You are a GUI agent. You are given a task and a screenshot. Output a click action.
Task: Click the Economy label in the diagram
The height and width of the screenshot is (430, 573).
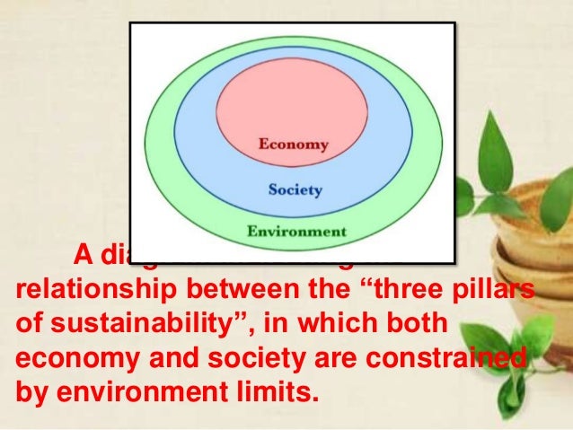(294, 144)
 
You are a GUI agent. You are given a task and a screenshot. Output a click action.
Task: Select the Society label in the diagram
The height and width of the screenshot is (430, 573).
(295, 190)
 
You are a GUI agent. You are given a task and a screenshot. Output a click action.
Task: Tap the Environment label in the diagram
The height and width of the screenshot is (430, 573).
(296, 231)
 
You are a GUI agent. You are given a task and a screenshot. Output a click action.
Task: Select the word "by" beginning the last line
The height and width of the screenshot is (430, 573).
(31, 392)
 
